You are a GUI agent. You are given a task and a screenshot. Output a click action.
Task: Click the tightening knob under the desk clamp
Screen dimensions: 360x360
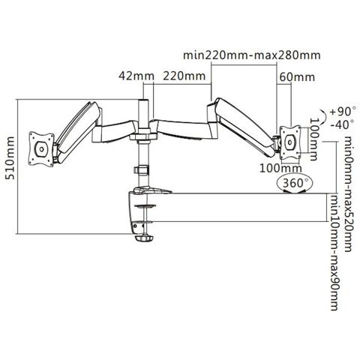click(x=144, y=241)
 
